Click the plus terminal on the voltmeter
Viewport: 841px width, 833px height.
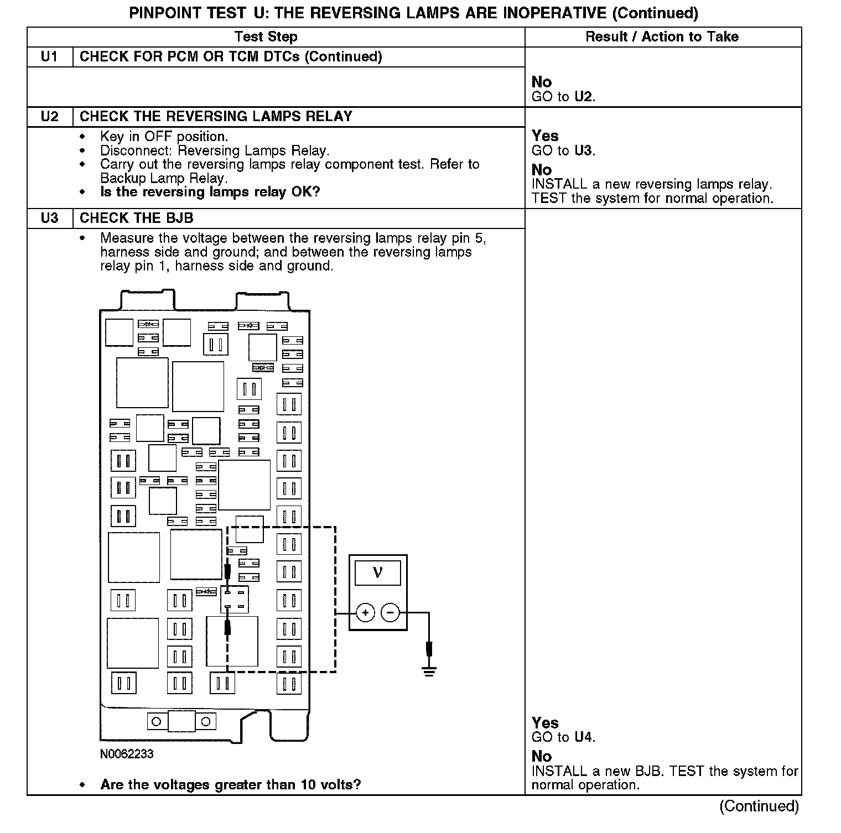pos(365,613)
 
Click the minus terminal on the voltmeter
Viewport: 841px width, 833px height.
pos(391,613)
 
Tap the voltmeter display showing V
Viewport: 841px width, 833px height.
pos(377,572)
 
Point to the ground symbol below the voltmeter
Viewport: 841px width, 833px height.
pos(429,671)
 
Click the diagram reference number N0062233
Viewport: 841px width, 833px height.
pos(127,754)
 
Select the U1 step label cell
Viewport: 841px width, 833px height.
pos(50,56)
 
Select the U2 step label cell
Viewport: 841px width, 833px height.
pos(50,116)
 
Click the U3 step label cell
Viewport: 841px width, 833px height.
pos(50,218)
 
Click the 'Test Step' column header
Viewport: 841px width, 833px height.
pos(266,37)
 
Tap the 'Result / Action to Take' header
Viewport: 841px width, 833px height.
pos(662,37)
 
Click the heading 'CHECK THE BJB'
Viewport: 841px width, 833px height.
pos(137,218)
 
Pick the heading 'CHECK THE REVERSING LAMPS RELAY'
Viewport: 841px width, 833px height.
pos(216,116)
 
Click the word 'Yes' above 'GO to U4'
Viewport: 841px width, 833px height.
pos(545,722)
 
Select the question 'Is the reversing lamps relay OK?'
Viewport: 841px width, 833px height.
pos(210,192)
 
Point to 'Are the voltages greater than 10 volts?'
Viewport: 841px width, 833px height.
pos(231,784)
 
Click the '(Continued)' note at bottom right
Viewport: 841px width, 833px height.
pos(759,806)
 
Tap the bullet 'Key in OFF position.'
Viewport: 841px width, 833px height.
pos(164,136)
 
